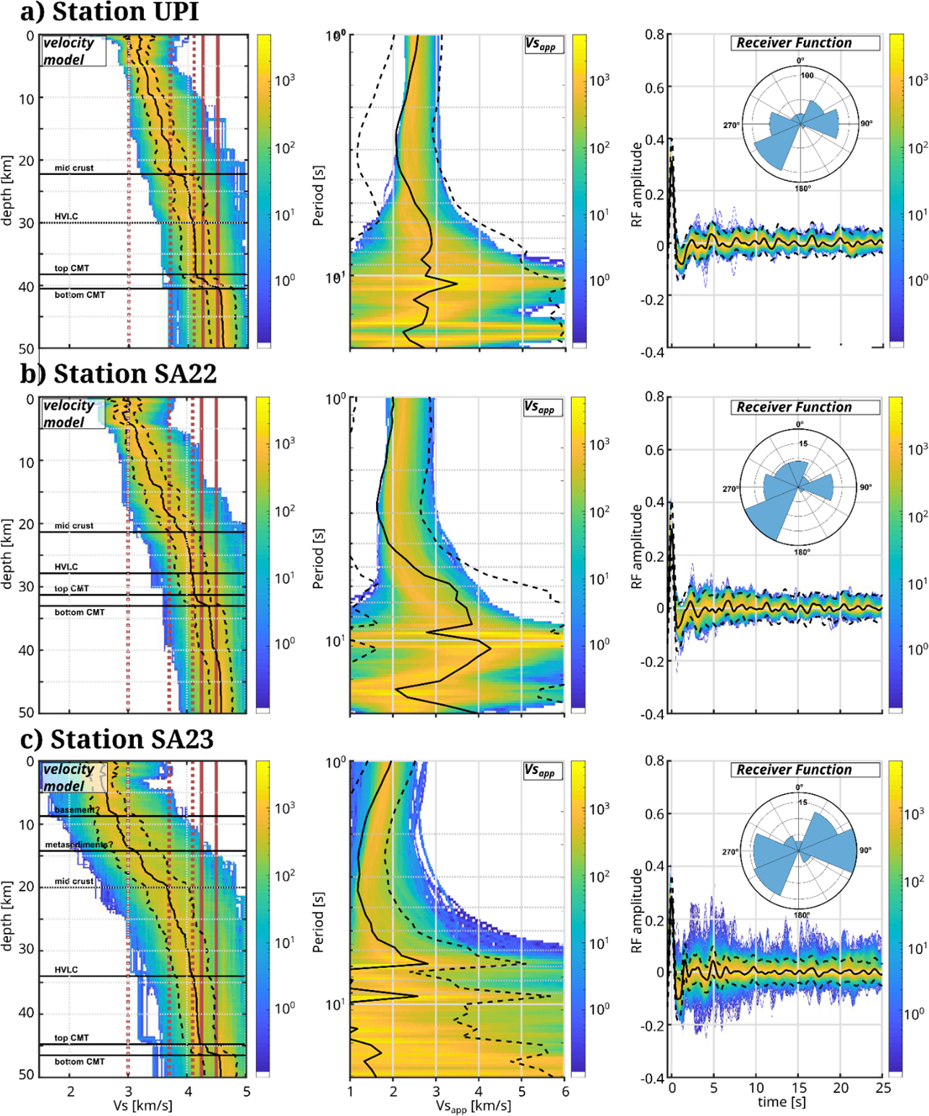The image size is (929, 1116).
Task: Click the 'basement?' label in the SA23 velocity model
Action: coord(76,810)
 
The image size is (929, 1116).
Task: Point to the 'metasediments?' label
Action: coord(79,845)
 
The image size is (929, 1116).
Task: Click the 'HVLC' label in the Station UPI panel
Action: coord(66,217)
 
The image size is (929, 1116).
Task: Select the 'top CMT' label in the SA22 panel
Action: coord(72,589)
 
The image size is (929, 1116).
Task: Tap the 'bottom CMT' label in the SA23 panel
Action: coord(80,1062)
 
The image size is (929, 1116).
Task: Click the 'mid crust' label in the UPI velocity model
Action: coord(74,168)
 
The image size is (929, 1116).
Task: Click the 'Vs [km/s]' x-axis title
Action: coord(142,1105)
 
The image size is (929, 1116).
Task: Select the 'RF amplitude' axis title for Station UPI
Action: coord(637,184)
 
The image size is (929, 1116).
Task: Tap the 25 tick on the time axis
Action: coord(881,1088)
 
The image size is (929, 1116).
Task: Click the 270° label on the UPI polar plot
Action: coord(732,126)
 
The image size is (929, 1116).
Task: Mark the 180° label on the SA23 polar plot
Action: coord(801,915)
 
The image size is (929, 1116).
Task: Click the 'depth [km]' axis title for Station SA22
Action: coord(8,555)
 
